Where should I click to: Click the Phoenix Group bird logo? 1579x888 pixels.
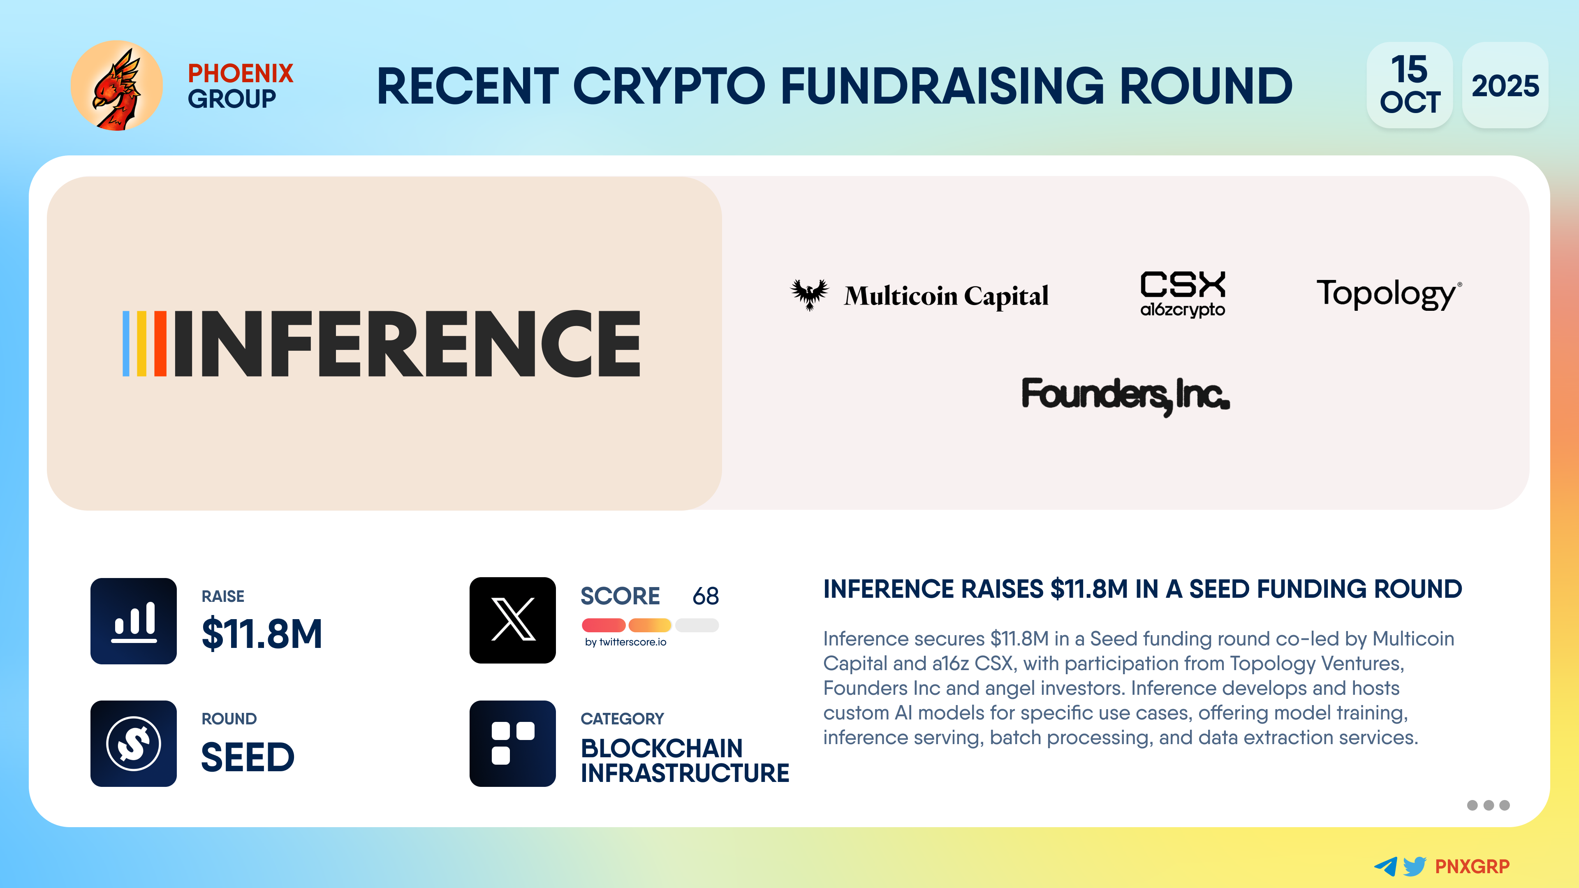pyautogui.click(x=116, y=86)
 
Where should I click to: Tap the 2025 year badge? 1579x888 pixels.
pyautogui.click(x=1505, y=85)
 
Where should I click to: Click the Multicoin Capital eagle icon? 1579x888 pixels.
pyautogui.click(x=809, y=295)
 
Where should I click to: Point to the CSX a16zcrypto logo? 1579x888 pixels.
pyautogui.click(x=1183, y=295)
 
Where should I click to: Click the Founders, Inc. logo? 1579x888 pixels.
pyautogui.click(x=1125, y=395)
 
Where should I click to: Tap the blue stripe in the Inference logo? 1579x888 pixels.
pyautogui.click(x=126, y=343)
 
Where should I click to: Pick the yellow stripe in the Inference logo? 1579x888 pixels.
pyautogui.click(x=141, y=343)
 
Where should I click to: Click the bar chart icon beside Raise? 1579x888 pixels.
pyautogui.click(x=134, y=621)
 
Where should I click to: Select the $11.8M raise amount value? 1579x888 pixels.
pyautogui.click(x=262, y=634)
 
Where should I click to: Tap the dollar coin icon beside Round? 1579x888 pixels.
pyautogui.click(x=134, y=743)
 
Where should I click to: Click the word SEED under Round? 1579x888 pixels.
pyautogui.click(x=248, y=757)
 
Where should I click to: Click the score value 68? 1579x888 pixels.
pyautogui.click(x=706, y=596)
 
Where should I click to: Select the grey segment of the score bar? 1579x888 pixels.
pyautogui.click(x=697, y=625)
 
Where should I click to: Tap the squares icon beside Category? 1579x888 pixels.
pyautogui.click(x=512, y=743)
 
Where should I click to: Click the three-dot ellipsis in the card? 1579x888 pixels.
pyautogui.click(x=1488, y=805)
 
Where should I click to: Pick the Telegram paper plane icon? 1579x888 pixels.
pyautogui.click(x=1386, y=866)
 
